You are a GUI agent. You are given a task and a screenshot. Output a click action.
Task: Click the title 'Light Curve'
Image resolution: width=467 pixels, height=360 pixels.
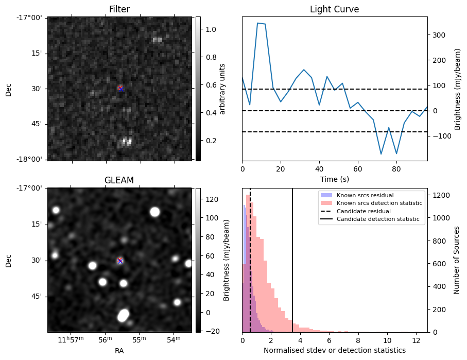tap(334, 9)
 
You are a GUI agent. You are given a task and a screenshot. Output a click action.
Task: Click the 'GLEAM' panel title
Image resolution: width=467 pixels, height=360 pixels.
tap(119, 180)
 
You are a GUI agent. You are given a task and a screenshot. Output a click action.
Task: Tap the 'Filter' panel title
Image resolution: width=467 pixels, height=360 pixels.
tap(119, 9)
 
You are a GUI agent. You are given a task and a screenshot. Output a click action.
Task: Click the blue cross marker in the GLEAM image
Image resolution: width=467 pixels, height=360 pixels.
tap(120, 261)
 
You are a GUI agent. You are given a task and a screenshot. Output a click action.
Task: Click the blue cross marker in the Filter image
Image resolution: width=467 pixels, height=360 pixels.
tap(120, 89)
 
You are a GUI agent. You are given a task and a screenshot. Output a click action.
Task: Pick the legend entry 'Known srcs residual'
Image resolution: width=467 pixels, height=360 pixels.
tap(365, 195)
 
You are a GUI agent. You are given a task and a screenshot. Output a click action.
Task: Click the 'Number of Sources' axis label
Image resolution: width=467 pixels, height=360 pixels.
tap(457, 260)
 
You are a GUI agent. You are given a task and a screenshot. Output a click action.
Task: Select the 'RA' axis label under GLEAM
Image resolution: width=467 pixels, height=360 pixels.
tap(119, 351)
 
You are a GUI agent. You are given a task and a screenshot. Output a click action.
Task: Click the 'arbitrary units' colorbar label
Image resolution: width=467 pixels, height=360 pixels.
tap(222, 89)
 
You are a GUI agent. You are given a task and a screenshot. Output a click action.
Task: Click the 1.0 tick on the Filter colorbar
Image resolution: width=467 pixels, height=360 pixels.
tap(209, 29)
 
